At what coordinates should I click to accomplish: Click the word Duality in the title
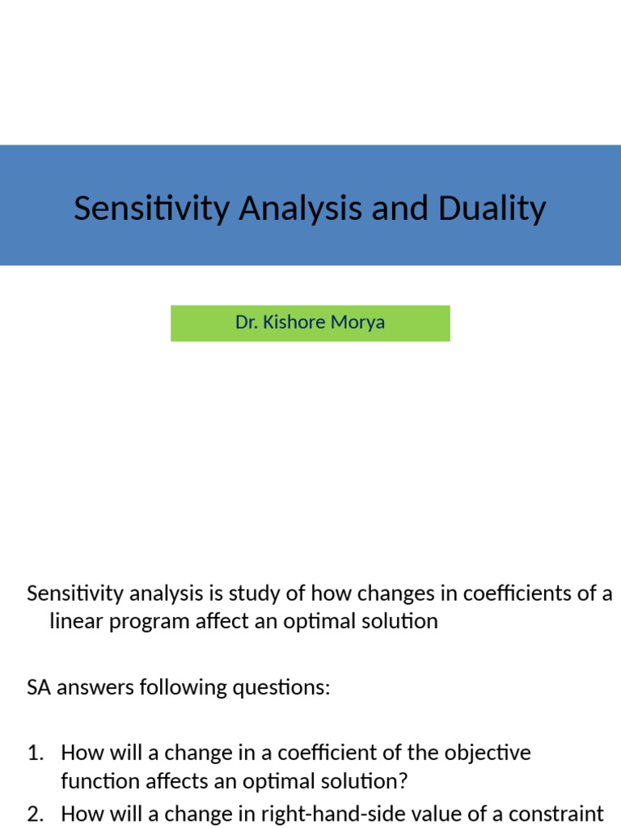492,209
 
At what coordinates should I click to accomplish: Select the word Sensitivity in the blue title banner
151,209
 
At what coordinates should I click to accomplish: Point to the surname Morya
359,323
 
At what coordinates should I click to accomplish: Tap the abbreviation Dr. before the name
246,323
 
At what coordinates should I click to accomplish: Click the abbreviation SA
39,688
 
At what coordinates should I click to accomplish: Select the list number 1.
35,754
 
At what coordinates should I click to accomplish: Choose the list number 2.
35,813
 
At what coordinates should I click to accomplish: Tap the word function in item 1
95,783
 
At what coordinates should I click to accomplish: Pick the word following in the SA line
183,688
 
